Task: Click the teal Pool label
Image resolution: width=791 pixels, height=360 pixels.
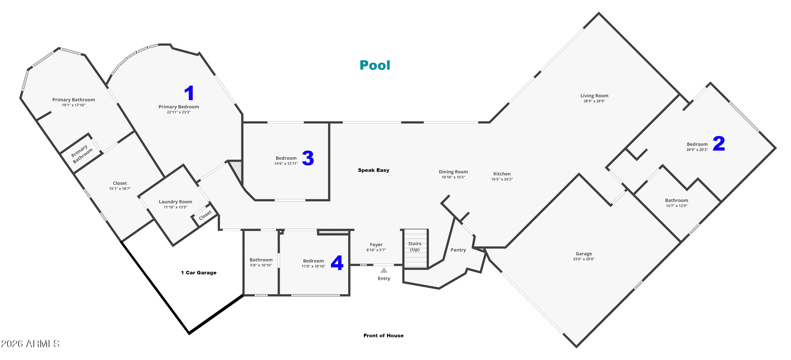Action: click(375, 65)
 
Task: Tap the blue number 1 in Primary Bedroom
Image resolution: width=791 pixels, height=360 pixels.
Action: click(189, 93)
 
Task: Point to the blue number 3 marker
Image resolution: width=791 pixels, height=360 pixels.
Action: click(308, 158)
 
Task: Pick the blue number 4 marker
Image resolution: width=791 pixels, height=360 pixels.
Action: click(337, 263)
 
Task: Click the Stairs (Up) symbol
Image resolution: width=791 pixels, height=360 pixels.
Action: click(415, 249)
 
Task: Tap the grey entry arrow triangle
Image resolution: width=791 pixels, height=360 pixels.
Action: click(384, 270)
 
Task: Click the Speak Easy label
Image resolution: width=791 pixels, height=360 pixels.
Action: click(373, 170)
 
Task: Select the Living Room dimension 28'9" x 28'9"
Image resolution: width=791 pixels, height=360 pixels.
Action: click(594, 101)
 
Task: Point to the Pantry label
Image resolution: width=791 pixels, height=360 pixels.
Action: click(458, 250)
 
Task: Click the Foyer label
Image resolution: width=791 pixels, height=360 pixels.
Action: click(376, 245)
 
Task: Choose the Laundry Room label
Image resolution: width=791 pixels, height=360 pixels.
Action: click(175, 202)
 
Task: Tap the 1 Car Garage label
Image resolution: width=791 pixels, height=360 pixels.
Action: click(199, 273)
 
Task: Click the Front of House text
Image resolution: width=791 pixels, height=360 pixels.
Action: click(384, 336)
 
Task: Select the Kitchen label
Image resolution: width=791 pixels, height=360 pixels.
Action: click(502, 174)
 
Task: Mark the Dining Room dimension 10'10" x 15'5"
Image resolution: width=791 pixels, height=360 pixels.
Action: click(453, 177)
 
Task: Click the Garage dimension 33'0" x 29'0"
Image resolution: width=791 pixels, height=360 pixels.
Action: click(583, 259)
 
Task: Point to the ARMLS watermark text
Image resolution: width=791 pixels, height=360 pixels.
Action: click(30, 343)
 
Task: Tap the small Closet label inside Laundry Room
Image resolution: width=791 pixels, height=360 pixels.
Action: click(205, 215)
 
